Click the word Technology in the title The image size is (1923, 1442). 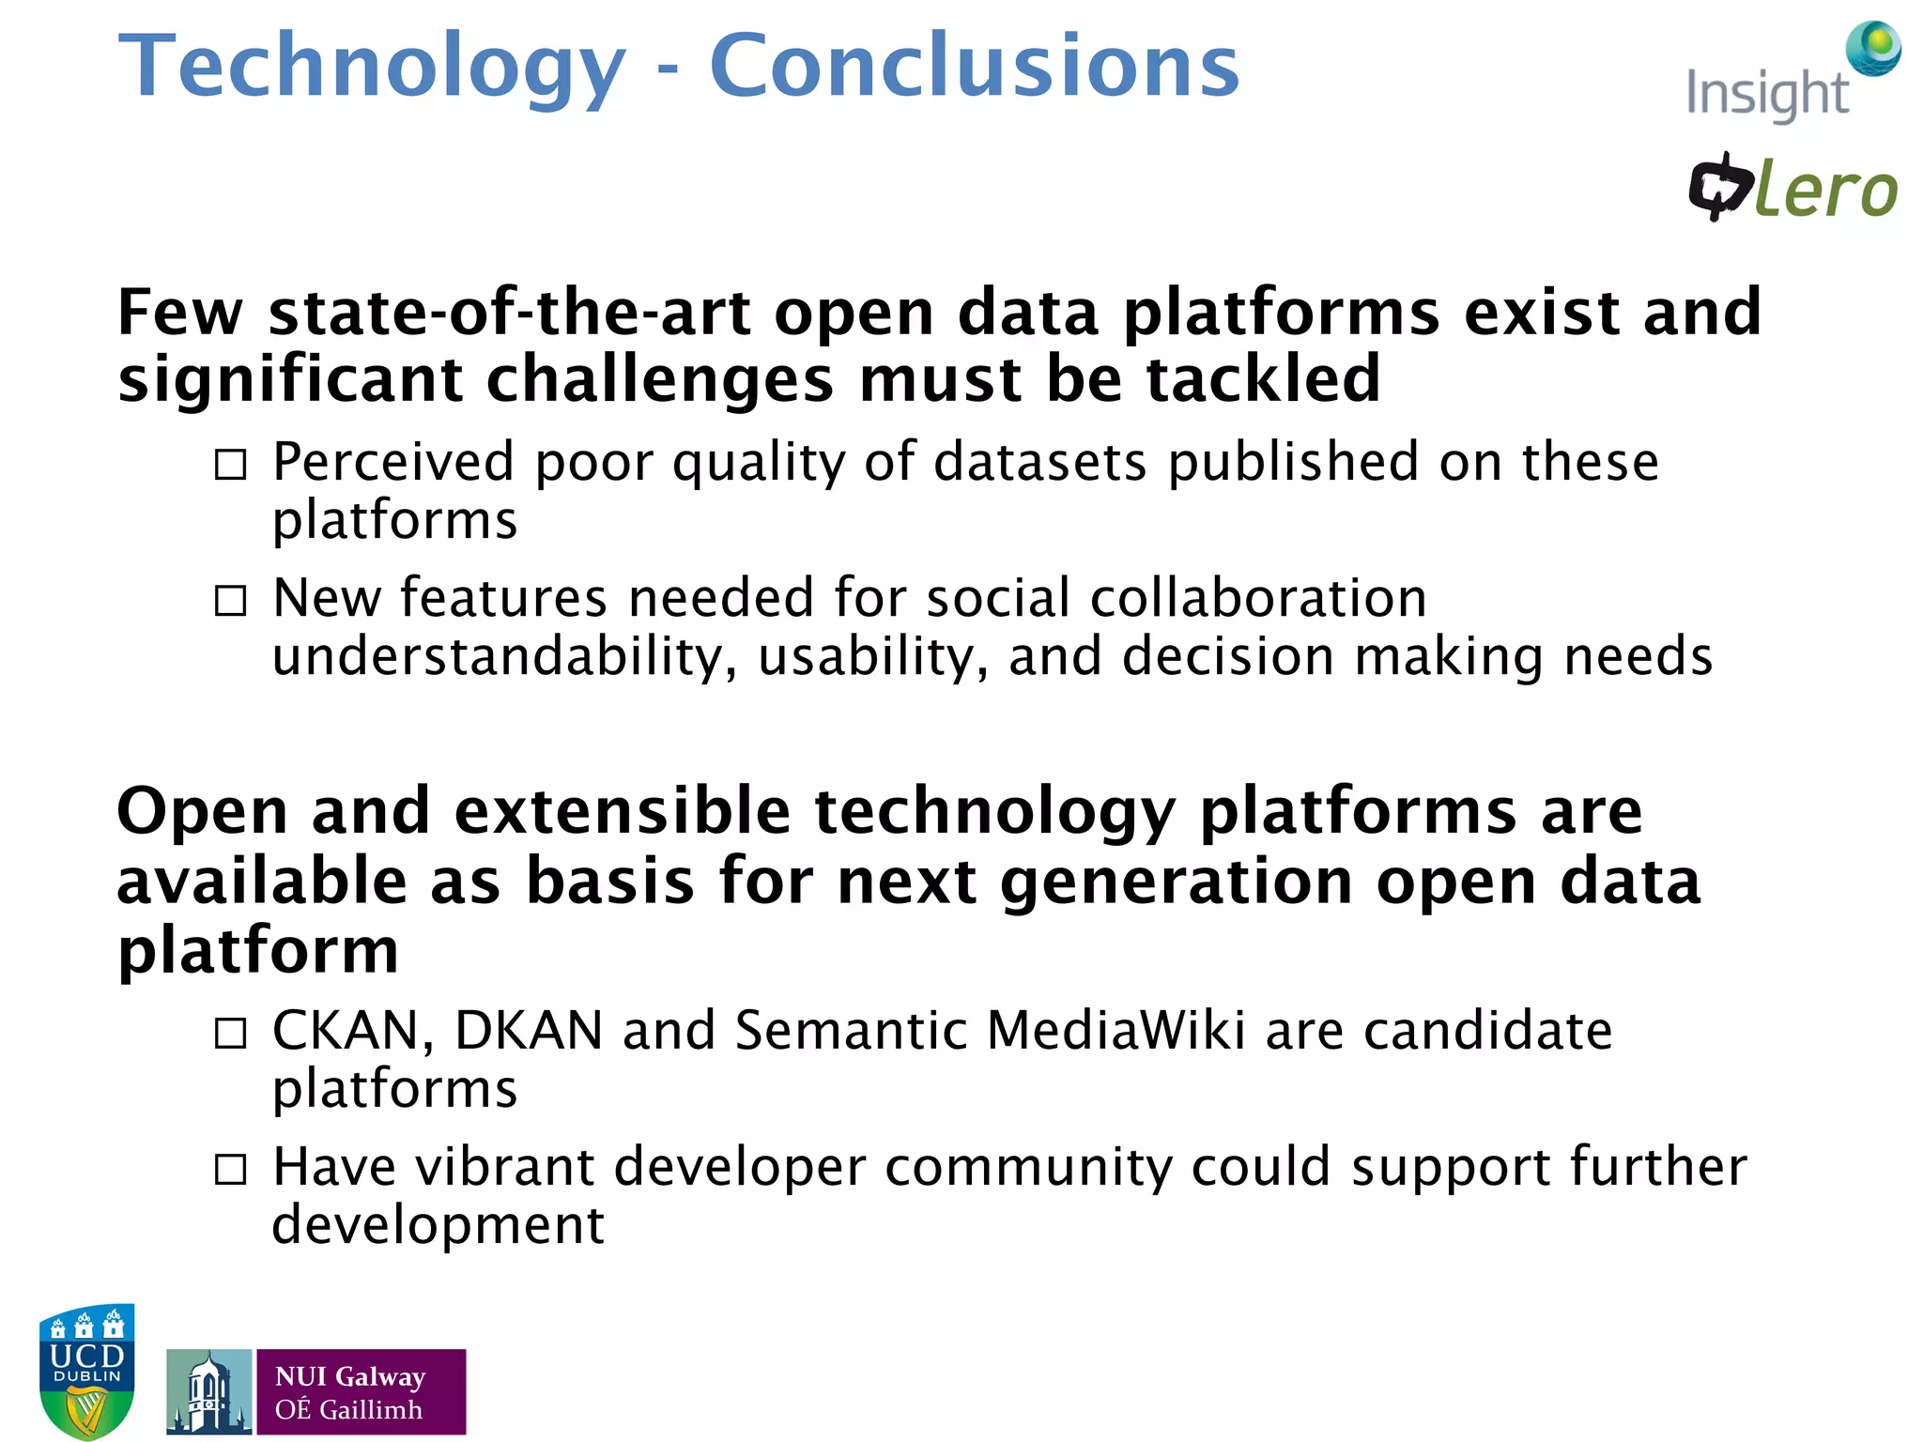(x=372, y=68)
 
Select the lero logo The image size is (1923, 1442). (x=1793, y=188)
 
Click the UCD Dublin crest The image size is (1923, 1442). (x=87, y=1371)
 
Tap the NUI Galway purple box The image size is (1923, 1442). (x=361, y=1391)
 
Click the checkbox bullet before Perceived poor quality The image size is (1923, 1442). (x=231, y=464)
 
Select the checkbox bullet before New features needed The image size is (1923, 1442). (x=231, y=601)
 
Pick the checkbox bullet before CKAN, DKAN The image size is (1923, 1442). (x=231, y=1034)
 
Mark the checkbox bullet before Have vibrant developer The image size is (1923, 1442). (x=231, y=1170)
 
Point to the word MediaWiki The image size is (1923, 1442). (x=1115, y=1031)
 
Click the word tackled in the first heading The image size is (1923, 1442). (x=1262, y=379)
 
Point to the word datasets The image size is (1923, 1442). (x=1040, y=462)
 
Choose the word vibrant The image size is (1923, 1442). (x=505, y=1167)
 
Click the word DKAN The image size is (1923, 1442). (x=529, y=1031)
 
